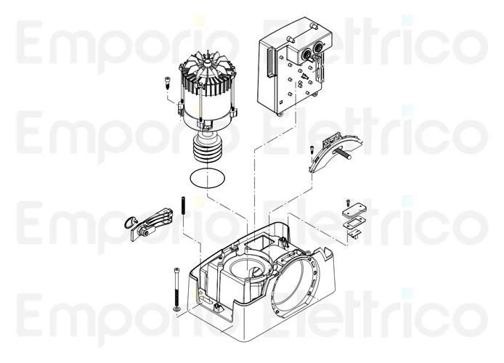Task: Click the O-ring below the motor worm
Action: [x=206, y=177]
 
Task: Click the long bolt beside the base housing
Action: [x=176, y=287]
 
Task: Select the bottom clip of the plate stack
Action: [x=355, y=233]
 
